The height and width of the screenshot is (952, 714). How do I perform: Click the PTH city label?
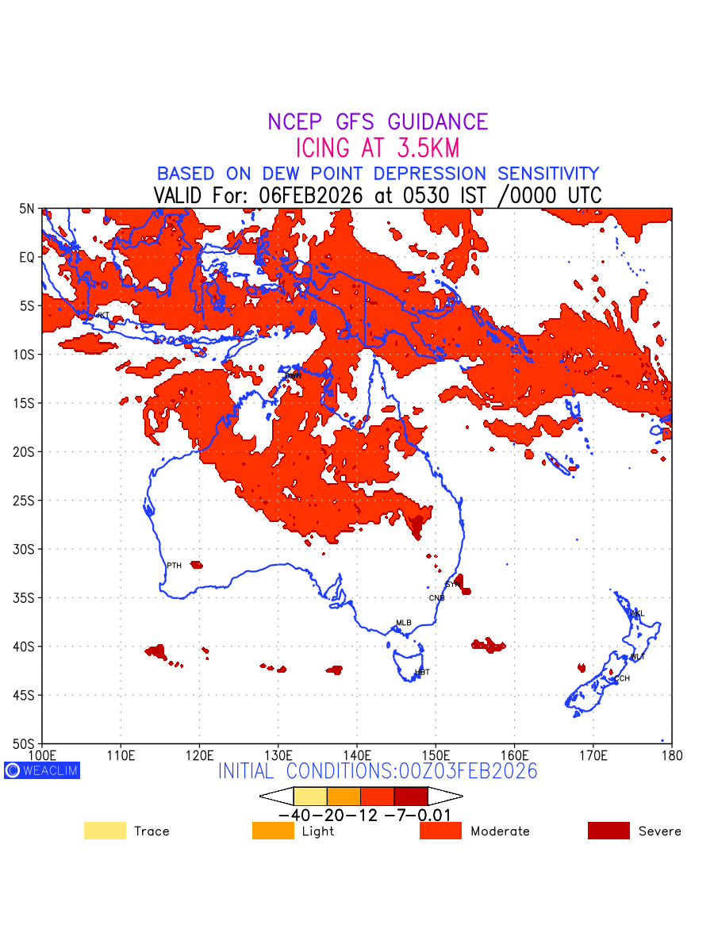click(x=174, y=566)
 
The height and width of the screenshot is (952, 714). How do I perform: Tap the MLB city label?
click(x=404, y=623)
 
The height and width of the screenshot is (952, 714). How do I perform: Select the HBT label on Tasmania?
click(x=422, y=672)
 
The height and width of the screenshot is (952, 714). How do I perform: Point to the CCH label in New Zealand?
click(x=622, y=678)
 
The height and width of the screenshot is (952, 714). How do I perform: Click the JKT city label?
click(x=102, y=315)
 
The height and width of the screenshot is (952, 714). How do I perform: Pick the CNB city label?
click(x=436, y=597)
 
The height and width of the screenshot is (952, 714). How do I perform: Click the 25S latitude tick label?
click(x=26, y=501)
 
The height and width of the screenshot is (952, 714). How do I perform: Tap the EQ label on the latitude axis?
click(x=28, y=257)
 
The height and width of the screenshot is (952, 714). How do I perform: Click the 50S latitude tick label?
click(x=26, y=743)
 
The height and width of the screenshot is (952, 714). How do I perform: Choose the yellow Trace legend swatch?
click(x=105, y=831)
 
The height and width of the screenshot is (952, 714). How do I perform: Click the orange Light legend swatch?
click(x=273, y=831)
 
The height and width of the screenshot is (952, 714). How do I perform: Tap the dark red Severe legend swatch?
click(x=608, y=831)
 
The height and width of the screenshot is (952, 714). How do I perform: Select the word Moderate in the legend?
click(x=500, y=831)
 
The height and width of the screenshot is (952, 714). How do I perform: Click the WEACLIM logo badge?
click(x=42, y=770)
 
